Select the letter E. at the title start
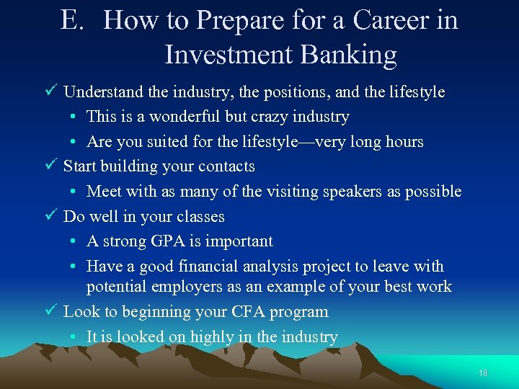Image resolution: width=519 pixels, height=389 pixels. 74,21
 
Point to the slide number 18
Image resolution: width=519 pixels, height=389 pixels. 483,372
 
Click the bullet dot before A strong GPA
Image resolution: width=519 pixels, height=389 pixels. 75,242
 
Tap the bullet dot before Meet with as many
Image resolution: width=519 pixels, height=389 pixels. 75,192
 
